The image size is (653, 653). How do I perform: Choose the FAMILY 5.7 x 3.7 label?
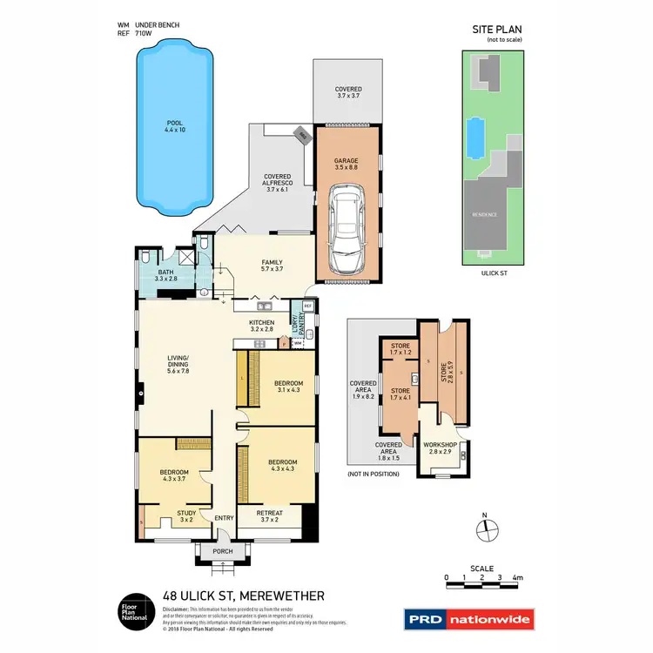coord(273,266)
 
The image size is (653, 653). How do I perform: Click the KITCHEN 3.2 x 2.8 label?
coord(262,326)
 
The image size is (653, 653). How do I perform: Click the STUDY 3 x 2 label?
coord(186,517)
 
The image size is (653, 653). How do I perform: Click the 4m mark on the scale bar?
coord(517,577)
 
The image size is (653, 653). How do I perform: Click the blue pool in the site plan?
coord(475,135)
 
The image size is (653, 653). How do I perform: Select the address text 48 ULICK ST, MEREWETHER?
coord(245,596)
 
